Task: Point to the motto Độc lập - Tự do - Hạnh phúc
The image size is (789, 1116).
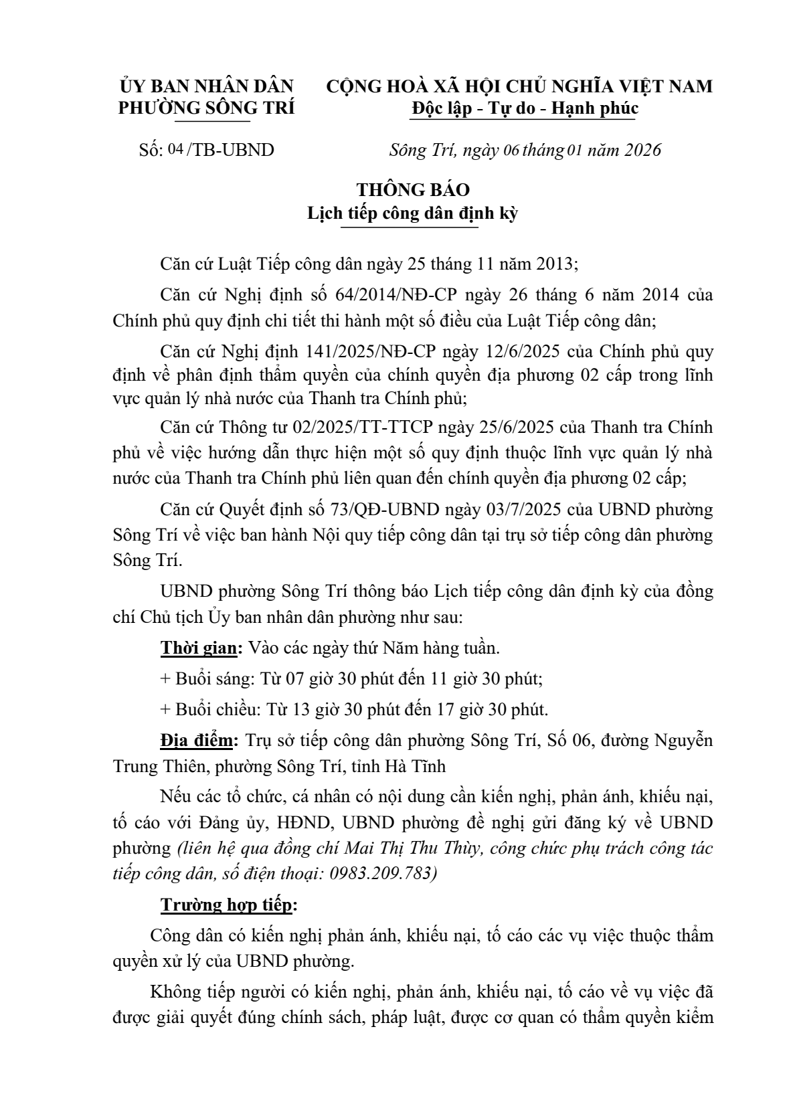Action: (525, 108)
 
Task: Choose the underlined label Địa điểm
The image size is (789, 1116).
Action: (197, 740)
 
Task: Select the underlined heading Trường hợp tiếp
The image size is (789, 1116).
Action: (226, 905)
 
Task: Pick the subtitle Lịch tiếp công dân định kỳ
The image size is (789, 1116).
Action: (413, 213)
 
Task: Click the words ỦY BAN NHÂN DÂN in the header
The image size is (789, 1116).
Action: (206, 86)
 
